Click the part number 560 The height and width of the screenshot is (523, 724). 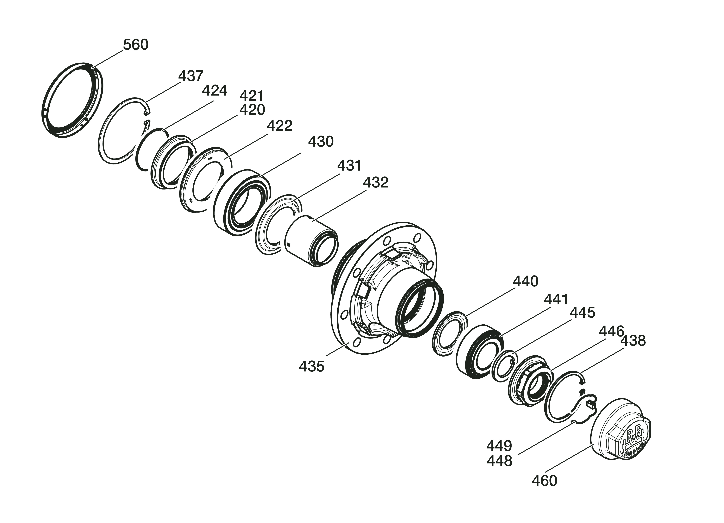click(136, 45)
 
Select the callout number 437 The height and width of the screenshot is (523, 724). click(191, 76)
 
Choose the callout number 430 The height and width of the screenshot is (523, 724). click(321, 141)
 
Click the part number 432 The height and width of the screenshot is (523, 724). click(376, 182)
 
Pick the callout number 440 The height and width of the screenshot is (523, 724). click(525, 281)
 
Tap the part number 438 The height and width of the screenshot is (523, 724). click(633, 341)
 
